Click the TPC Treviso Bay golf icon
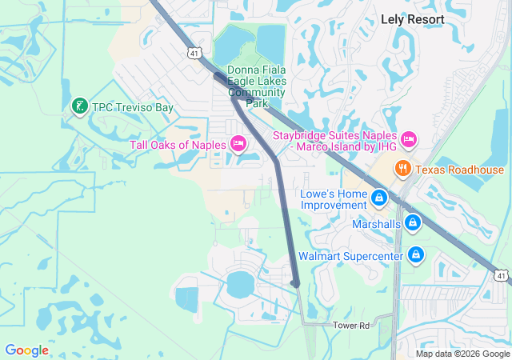point(79,106)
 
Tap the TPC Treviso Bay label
point(133,107)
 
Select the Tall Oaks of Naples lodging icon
point(238,144)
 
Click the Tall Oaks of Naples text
point(178,144)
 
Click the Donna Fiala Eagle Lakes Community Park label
point(256,86)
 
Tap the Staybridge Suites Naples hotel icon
point(408,140)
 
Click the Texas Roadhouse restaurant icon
point(402,169)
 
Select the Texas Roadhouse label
point(459,170)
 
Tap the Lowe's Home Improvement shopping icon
point(378,198)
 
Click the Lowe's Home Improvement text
point(333,199)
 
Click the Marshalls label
point(376,224)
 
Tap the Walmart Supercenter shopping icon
point(415,255)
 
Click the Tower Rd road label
point(353,326)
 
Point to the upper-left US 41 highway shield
point(194,54)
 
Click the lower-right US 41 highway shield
point(501,275)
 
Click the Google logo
point(27,350)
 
